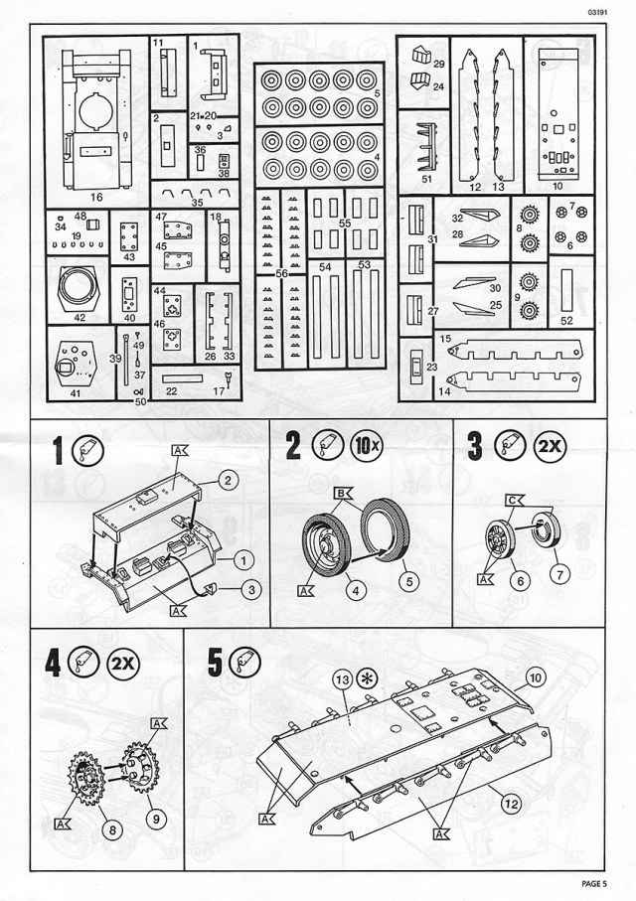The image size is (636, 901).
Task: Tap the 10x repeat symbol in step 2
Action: point(367,446)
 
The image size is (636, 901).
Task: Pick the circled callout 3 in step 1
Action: point(252,590)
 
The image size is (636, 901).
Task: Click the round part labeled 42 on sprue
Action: point(79,289)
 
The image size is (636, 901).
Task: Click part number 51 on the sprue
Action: point(426,179)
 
